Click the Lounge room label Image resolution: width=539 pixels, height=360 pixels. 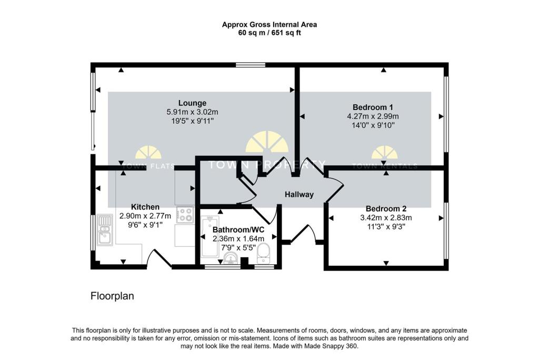[192, 103]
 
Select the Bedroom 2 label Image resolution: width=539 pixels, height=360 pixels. [386, 208]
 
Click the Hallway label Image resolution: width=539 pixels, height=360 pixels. [299, 195]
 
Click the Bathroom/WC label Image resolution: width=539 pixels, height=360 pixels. [238, 230]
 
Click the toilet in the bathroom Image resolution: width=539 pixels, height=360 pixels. [263, 254]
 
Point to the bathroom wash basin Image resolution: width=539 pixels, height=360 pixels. [230, 257]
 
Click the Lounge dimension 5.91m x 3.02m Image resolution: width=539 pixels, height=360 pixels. [192, 112]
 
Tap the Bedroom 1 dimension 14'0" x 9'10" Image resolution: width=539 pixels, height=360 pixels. [373, 125]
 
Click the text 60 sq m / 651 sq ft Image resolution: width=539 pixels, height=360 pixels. [269, 33]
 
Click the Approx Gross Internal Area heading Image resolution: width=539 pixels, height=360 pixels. [269, 24]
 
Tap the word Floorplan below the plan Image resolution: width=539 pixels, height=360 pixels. [112, 296]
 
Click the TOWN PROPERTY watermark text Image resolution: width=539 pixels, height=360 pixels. [267, 164]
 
